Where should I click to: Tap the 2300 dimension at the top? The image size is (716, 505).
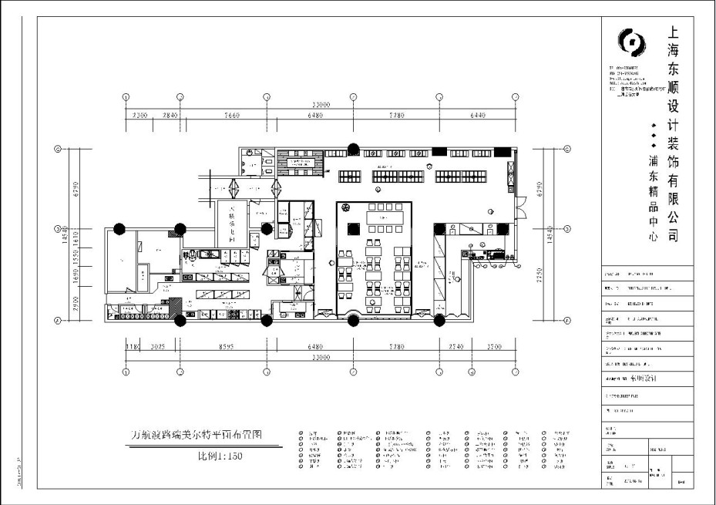[x=139, y=116]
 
